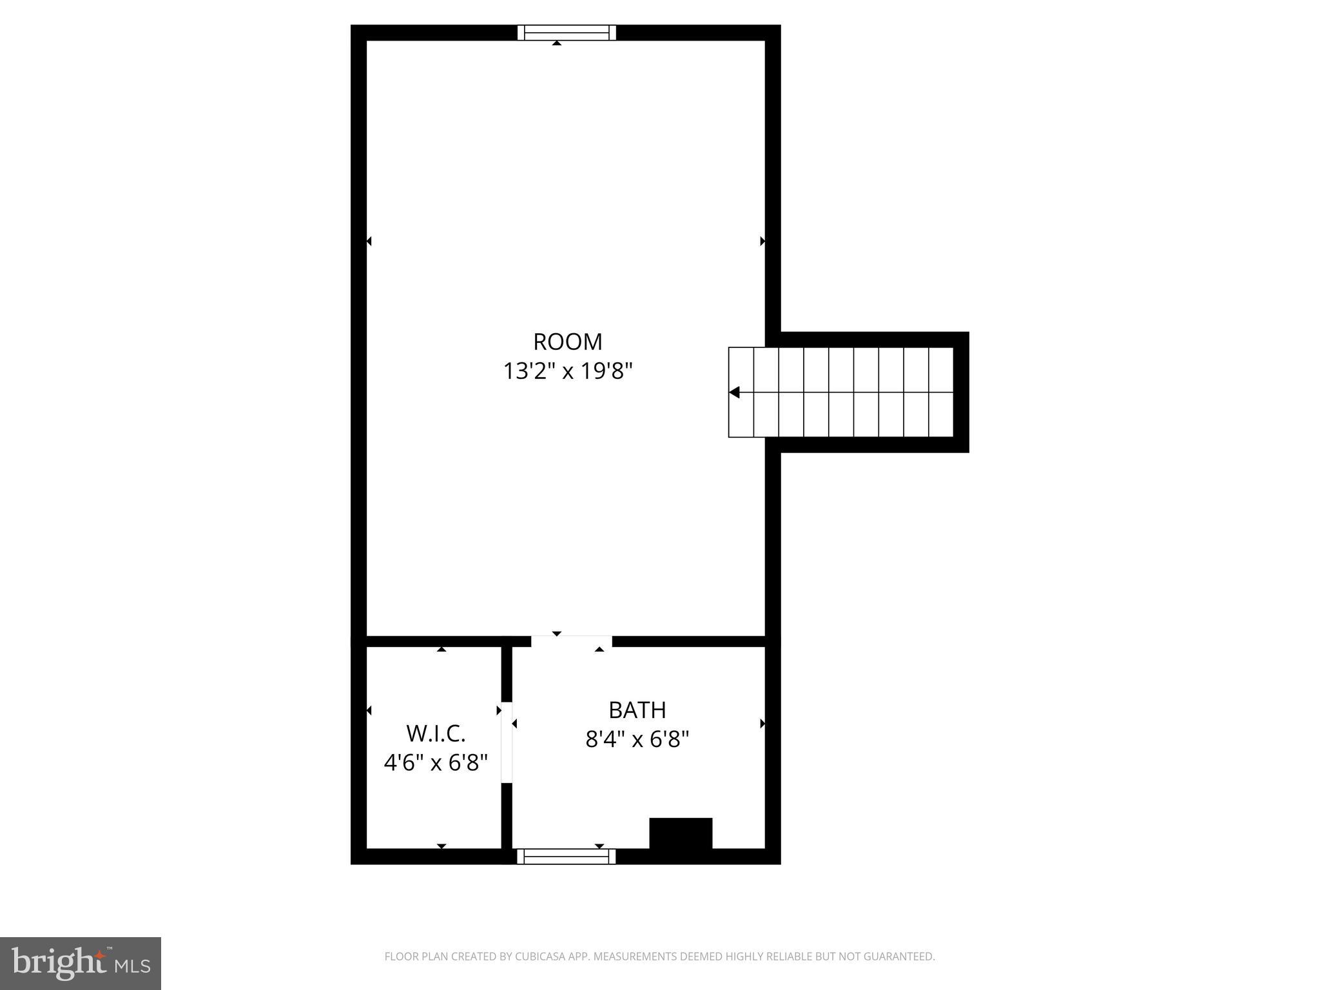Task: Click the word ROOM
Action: (x=567, y=342)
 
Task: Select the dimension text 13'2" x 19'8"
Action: (x=567, y=371)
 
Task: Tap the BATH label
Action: (x=637, y=710)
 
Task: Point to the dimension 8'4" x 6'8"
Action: (x=637, y=739)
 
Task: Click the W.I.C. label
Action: (x=436, y=733)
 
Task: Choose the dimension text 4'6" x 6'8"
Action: (x=436, y=763)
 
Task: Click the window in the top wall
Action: (x=567, y=32)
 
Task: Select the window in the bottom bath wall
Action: (x=567, y=857)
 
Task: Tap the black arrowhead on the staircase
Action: (x=734, y=393)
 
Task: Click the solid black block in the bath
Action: (x=681, y=834)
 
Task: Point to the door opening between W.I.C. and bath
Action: (x=507, y=742)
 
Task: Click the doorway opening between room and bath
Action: (x=571, y=641)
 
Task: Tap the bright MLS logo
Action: (x=81, y=964)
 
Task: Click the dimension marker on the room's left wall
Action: (x=369, y=242)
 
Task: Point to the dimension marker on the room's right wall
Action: (x=762, y=242)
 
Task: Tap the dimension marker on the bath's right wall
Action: (x=762, y=724)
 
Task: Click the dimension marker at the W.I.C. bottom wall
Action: (x=442, y=846)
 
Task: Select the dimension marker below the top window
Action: (x=557, y=43)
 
